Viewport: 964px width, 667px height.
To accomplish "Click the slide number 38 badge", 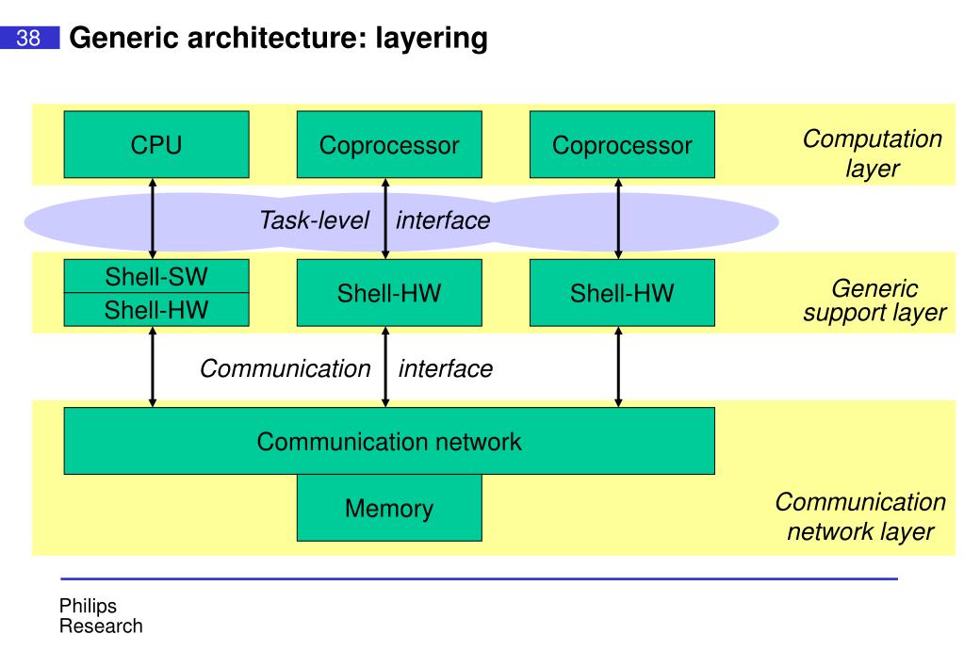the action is coord(29,38).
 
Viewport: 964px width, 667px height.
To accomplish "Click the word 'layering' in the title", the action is coord(432,39).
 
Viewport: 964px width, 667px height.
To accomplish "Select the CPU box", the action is coord(156,144).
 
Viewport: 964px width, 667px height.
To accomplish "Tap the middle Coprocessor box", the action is coord(389,144).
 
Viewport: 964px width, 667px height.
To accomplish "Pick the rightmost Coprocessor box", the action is coord(622,144).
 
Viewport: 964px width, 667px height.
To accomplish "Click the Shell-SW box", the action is coord(156,276).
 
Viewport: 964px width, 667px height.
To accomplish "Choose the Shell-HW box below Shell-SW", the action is coord(156,309).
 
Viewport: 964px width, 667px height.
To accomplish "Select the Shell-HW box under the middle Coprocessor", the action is coord(389,293).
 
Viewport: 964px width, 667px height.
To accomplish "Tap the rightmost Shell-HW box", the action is coord(622,293).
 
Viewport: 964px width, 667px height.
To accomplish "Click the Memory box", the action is coord(389,508).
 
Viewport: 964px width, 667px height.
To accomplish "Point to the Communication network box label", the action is coord(389,442).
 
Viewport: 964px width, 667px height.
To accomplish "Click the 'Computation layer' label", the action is coord(873,153).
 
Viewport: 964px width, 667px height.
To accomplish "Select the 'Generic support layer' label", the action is coord(874,301).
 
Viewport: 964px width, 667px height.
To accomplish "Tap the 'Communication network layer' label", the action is coord(860,516).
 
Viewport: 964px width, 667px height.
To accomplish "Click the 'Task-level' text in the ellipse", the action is coord(314,220).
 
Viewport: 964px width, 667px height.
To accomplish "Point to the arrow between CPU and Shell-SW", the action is coord(153,219).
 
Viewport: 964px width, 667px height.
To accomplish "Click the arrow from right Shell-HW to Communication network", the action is coord(618,366).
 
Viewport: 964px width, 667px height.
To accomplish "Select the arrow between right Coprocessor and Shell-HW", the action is coord(618,219).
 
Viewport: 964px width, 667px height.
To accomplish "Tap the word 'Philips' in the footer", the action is coord(88,606).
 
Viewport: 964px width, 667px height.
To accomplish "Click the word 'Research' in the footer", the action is coord(101,626).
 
